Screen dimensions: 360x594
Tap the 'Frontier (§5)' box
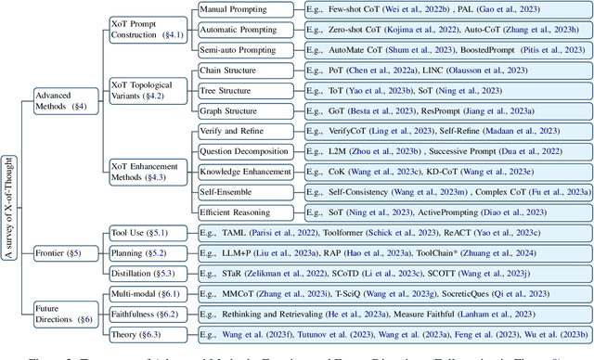55,251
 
